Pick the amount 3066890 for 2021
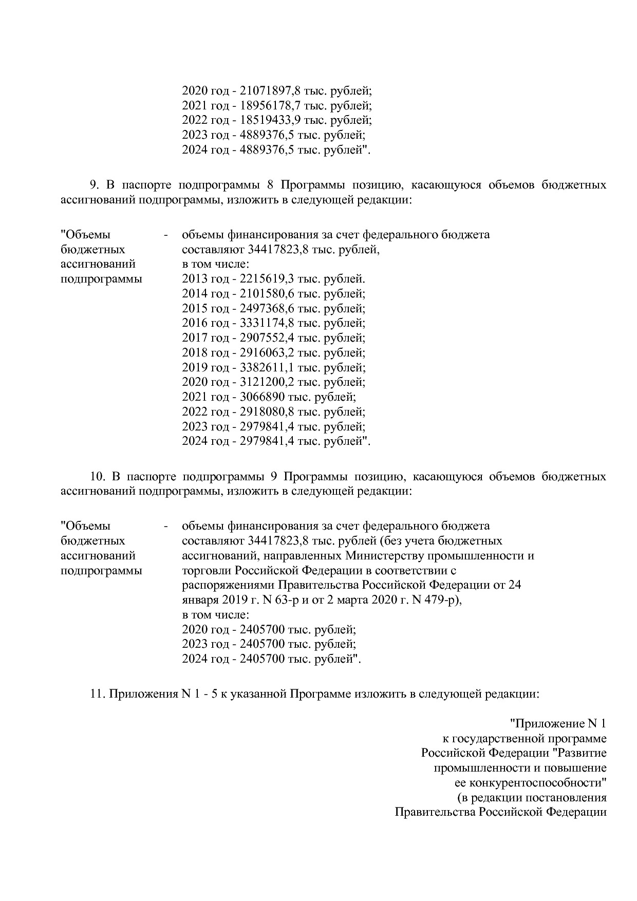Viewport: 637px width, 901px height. (263, 397)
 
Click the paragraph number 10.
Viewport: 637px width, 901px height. (98, 476)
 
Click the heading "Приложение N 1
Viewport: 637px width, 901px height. (558, 724)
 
